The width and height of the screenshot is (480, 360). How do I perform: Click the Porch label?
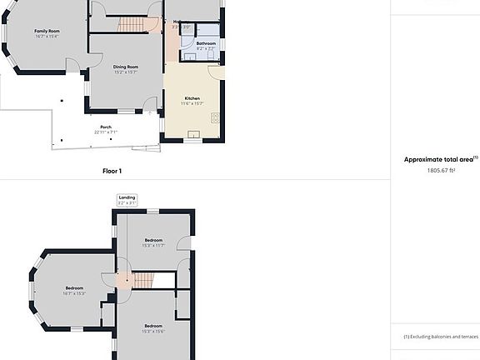[x=106, y=127]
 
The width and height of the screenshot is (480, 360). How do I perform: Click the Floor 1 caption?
[x=112, y=171]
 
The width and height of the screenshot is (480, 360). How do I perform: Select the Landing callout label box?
[x=127, y=200]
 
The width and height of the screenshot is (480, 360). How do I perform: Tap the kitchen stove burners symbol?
[x=215, y=117]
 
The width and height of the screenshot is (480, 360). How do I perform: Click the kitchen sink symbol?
[x=194, y=133]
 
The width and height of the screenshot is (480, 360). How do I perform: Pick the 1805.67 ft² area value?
[x=439, y=170]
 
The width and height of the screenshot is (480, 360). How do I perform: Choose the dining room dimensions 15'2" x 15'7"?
[x=126, y=72]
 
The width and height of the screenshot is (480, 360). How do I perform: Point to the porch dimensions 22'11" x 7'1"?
[x=106, y=131]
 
